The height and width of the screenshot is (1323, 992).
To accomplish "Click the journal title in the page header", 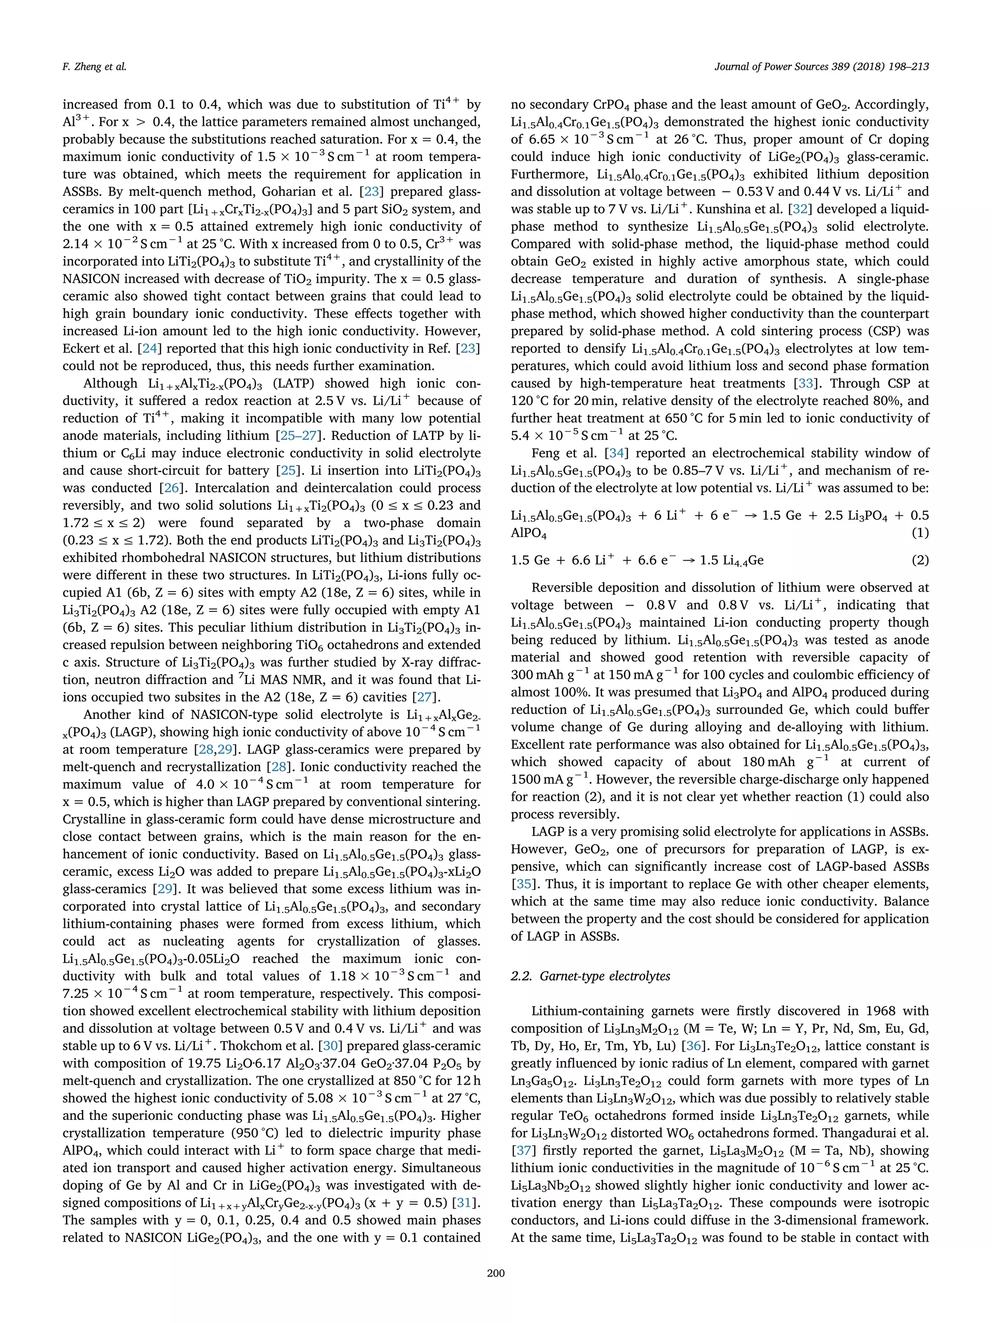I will tap(821, 66).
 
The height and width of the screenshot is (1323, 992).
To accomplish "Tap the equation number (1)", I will tap(920, 532).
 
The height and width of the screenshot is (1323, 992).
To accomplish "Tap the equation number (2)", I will tap(920, 560).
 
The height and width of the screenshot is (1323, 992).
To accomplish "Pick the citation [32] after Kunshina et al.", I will tap(800, 209).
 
